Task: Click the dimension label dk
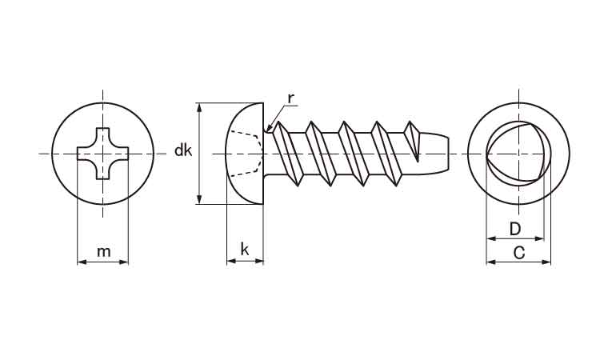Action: point(183,150)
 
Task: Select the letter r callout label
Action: point(291,98)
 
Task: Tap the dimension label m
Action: point(103,252)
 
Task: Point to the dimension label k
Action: point(245,250)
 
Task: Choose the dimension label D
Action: point(515,229)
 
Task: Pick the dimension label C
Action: point(518,253)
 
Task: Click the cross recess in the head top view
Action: point(102,154)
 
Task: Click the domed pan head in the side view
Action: point(246,154)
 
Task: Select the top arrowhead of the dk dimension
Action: point(199,107)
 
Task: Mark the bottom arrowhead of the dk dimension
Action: point(199,199)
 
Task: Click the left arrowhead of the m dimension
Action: point(82,262)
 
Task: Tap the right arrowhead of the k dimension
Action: point(259,262)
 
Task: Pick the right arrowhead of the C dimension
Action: point(546,262)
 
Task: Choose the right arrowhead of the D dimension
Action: point(539,238)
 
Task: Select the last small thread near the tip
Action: point(413,141)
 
